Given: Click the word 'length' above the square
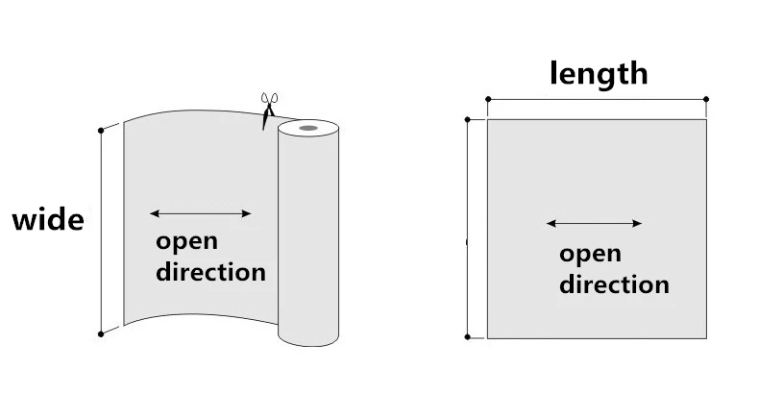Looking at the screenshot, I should (598, 73).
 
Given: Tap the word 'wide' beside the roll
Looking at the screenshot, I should (47, 220).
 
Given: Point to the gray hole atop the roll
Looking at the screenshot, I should (307, 127).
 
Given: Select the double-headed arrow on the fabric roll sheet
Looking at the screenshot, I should (201, 213).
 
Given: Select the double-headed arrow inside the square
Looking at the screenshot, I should (594, 224).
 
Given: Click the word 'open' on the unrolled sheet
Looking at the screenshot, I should (186, 240).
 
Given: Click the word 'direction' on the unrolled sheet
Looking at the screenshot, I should (210, 271).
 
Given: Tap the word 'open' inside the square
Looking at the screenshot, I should (590, 254).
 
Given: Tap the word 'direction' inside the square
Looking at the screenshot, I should (614, 284).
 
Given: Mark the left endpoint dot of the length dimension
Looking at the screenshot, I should (488, 99).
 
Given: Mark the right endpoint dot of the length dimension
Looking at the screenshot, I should (706, 99).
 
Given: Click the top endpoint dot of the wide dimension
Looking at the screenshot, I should (101, 129).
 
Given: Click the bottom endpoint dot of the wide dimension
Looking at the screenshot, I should (101, 333).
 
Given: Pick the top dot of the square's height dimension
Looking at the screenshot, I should (468, 120).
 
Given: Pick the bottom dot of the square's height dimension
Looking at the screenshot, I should (468, 337).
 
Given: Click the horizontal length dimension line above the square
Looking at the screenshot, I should (597, 99).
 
